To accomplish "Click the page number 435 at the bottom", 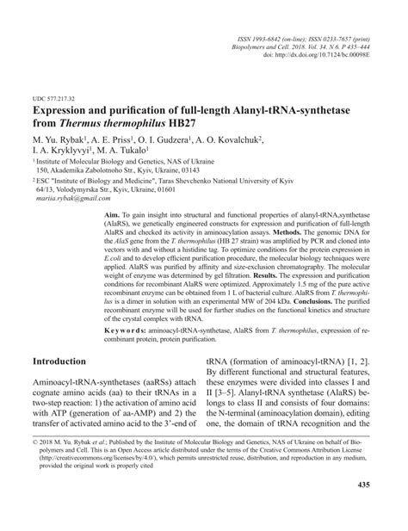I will pos(386,509).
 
